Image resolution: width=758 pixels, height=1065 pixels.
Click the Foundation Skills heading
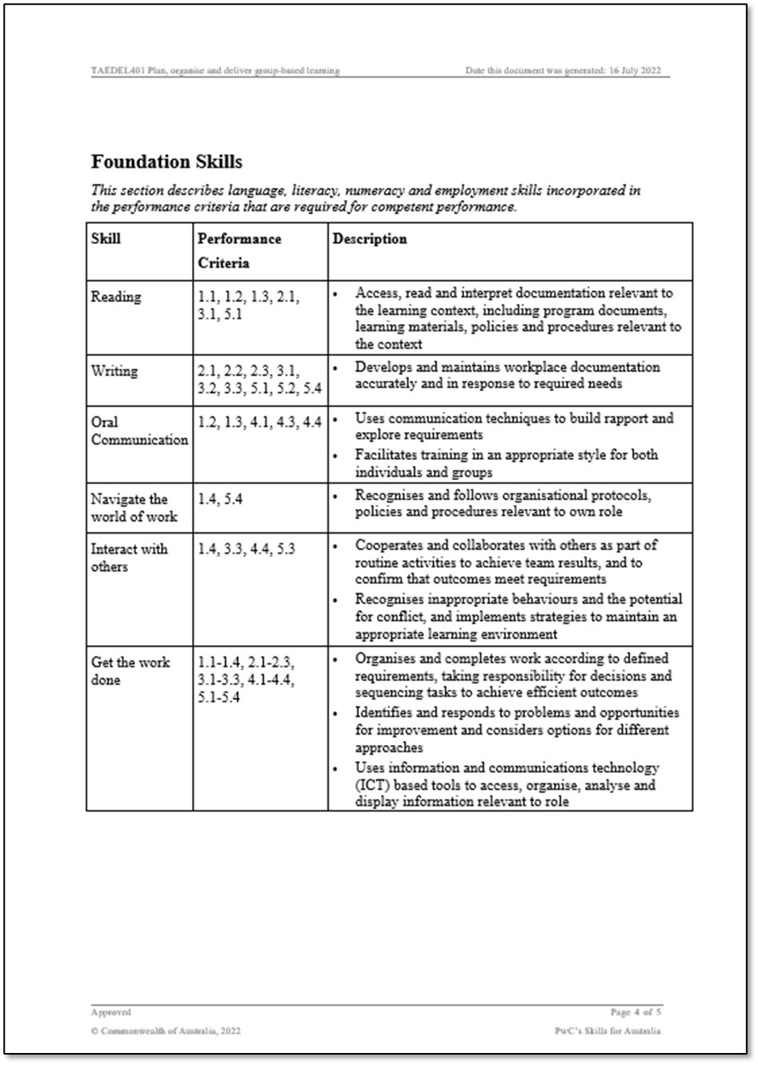tap(166, 162)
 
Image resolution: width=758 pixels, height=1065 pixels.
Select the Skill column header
tap(106, 238)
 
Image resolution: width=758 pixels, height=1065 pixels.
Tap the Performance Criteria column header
tap(239, 250)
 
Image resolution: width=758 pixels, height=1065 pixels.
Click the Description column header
tap(369, 238)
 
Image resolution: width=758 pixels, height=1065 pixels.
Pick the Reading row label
tap(116, 297)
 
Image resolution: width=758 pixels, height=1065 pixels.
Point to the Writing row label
tap(114, 371)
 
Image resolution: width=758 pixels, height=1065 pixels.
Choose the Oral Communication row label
tap(139, 430)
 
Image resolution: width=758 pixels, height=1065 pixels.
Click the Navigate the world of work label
tap(133, 507)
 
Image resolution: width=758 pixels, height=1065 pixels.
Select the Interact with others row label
tap(129, 558)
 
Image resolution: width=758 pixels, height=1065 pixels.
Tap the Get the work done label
tap(130, 671)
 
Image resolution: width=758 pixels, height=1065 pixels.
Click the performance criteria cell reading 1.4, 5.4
tap(220, 499)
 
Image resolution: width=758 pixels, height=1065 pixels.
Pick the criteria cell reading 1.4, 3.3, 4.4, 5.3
tap(247, 549)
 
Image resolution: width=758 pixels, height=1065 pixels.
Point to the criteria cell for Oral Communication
tap(259, 422)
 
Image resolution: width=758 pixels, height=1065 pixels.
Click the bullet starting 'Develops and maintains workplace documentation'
tap(507, 375)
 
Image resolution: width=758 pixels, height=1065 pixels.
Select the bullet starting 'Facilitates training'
tap(506, 463)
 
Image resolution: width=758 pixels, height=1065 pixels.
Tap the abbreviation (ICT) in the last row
tap(372, 785)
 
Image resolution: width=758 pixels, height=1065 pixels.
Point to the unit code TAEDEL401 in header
tap(117, 70)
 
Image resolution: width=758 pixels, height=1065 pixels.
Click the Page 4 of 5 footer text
tap(636, 1012)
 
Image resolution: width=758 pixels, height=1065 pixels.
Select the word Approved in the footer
tap(110, 1012)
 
